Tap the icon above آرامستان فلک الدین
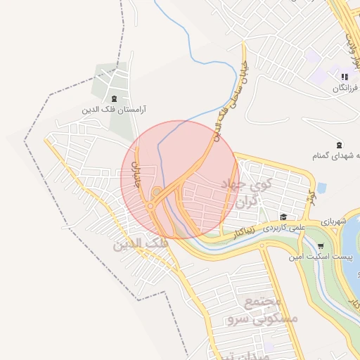[x=115, y=98]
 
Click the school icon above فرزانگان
[x=344, y=77]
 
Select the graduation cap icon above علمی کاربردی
[x=283, y=217]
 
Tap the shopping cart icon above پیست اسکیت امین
[x=321, y=246]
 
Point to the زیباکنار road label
[x=245, y=230]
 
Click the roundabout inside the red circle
[x=156, y=191]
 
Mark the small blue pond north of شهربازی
[x=321, y=188]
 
